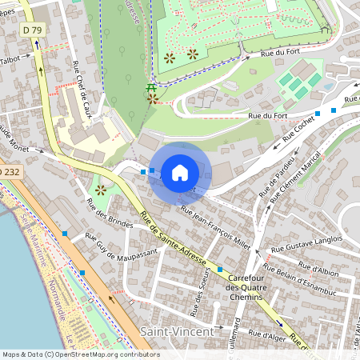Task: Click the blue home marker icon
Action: (x=180, y=172)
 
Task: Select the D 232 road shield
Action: (x=9, y=172)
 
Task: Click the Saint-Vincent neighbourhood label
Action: (x=176, y=330)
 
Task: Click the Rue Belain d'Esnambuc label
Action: (x=310, y=286)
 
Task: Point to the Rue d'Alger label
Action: (x=267, y=332)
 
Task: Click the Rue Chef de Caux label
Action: (x=82, y=89)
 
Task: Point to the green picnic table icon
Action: (x=150, y=88)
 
